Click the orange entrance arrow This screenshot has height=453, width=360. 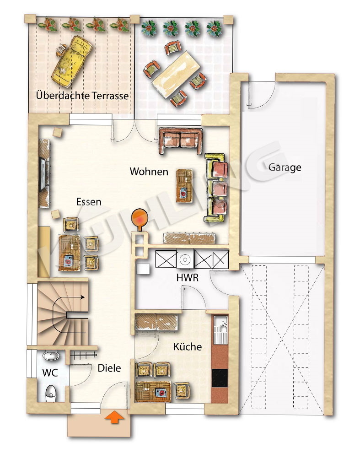point(114,417)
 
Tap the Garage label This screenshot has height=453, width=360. point(285,167)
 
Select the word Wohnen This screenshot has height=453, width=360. point(149,172)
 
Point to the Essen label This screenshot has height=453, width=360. point(89,201)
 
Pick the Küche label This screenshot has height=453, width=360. point(188,347)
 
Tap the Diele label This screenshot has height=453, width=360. point(109,368)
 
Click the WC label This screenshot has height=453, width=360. point(50,372)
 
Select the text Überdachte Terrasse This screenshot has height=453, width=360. point(82,96)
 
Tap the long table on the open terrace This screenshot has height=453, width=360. point(175,72)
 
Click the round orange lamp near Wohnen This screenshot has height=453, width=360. point(140,218)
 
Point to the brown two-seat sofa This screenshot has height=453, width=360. point(181,140)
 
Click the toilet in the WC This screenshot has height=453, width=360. point(50,392)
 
